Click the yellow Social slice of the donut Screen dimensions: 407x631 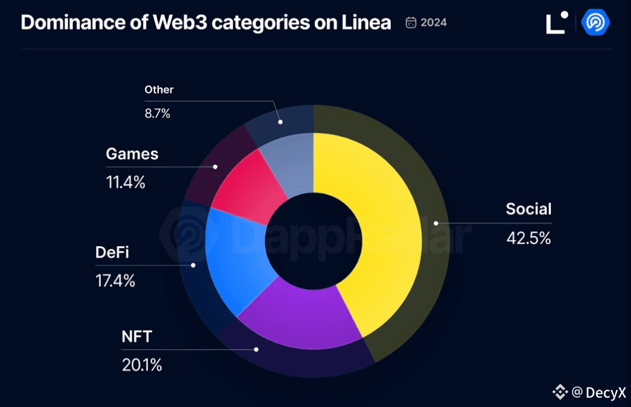[374, 228]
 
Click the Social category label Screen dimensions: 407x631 [528, 209]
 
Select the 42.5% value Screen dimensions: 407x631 [528, 239]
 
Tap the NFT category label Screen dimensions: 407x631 [136, 337]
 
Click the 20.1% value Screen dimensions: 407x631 [141, 365]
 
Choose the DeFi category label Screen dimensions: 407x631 [112, 253]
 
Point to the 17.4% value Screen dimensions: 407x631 [115, 281]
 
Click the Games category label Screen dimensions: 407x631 [132, 154]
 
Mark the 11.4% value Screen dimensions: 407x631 [125, 182]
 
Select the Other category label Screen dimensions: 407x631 [159, 89]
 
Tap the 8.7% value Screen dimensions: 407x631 [157, 113]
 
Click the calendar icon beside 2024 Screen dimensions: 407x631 [411, 23]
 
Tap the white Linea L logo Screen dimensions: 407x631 [556, 23]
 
